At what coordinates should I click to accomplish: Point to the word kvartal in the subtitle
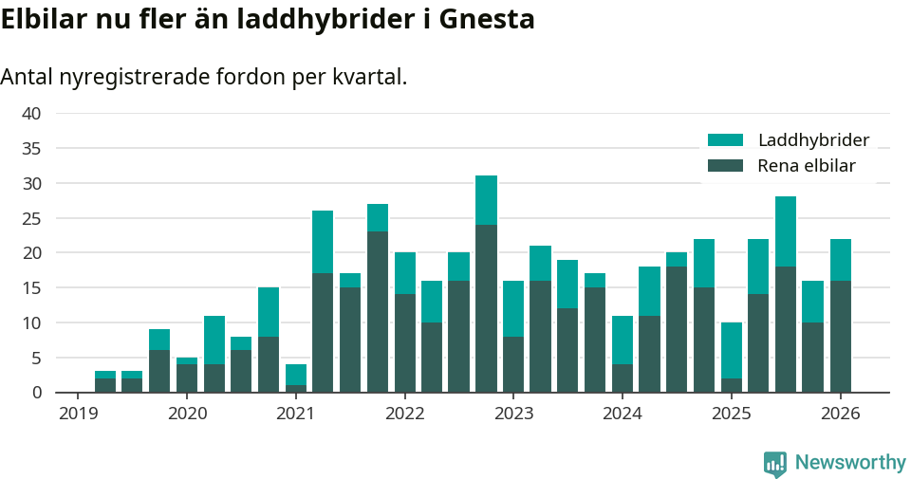pos(368,77)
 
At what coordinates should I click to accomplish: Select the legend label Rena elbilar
pos(807,166)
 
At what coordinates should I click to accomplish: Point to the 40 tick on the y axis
pos(31,113)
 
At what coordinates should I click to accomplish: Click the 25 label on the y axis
pos(31,218)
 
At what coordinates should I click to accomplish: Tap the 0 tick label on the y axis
pos(36,393)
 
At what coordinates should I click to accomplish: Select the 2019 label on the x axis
pos(78,414)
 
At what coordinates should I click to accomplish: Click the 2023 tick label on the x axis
pos(513,414)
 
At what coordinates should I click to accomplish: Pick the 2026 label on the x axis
pos(840,414)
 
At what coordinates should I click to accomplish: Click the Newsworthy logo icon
pos(775,463)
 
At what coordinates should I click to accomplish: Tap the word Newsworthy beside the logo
pos(850,463)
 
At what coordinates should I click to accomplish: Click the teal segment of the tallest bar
pos(486,200)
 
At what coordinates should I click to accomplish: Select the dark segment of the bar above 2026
pos(840,337)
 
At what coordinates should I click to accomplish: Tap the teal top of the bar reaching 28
pos(786,231)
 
